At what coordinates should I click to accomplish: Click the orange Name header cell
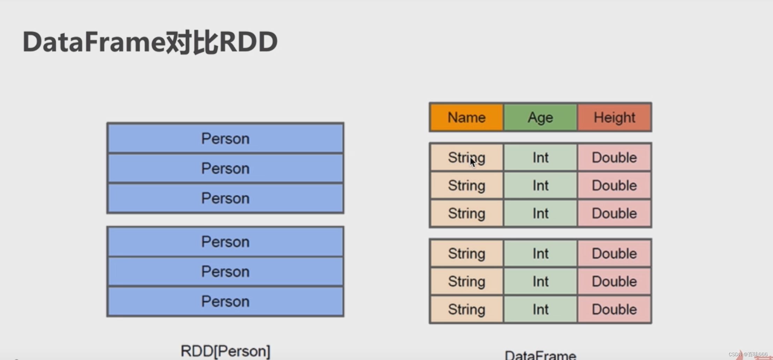pyautogui.click(x=466, y=117)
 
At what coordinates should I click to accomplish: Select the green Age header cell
pyautogui.click(x=540, y=117)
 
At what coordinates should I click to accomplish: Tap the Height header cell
pyautogui.click(x=614, y=117)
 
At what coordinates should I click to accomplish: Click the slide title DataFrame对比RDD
pyautogui.click(x=150, y=42)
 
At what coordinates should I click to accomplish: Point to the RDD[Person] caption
pyautogui.click(x=225, y=351)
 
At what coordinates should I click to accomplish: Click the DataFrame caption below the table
pyautogui.click(x=540, y=355)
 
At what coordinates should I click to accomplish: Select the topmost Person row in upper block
pyautogui.click(x=225, y=139)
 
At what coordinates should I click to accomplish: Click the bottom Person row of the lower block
pyautogui.click(x=225, y=301)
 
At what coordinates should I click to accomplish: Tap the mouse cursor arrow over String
pyautogui.click(x=473, y=162)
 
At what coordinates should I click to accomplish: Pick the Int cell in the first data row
pyautogui.click(x=540, y=157)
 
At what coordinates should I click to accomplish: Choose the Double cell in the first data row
pyautogui.click(x=614, y=157)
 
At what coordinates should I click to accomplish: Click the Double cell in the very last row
pyautogui.click(x=614, y=309)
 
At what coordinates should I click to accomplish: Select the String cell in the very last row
pyautogui.click(x=466, y=309)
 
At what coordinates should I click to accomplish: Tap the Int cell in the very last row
pyautogui.click(x=540, y=309)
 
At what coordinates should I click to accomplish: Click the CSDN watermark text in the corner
pyautogui.click(x=748, y=354)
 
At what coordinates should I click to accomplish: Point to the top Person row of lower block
pyautogui.click(x=225, y=242)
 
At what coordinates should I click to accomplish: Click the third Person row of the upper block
pyautogui.click(x=225, y=198)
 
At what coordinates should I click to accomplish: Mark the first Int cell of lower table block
pyautogui.click(x=540, y=254)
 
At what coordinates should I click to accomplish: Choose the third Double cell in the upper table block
pyautogui.click(x=614, y=213)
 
